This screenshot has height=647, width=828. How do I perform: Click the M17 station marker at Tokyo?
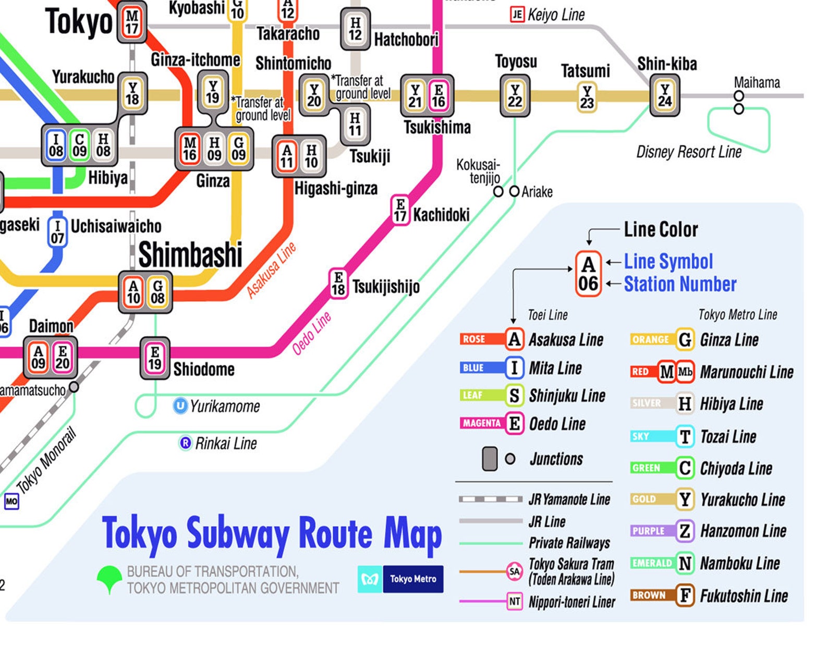point(132,22)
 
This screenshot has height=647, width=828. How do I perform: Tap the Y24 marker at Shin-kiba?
point(664,95)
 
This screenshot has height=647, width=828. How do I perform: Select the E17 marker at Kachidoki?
point(400,210)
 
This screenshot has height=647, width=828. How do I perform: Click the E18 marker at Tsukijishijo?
point(338,284)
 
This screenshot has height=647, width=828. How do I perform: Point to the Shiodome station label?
point(204,370)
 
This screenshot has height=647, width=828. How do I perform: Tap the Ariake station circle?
point(514,191)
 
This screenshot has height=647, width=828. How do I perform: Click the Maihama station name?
point(757,82)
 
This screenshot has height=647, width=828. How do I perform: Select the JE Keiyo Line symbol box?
point(517,14)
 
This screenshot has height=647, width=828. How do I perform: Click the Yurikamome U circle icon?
point(180,406)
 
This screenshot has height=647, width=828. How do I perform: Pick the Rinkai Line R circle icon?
point(185,443)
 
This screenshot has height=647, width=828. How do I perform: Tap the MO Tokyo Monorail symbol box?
point(11,502)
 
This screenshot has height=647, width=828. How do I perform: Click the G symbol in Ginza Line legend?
point(685,340)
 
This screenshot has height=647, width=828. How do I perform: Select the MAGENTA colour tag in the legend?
point(481,423)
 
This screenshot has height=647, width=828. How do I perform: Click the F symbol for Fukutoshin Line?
point(685,595)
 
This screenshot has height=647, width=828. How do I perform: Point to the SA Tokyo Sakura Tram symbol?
point(514,571)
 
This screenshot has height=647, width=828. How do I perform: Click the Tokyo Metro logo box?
point(400,579)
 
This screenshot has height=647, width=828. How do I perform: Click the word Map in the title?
point(412,534)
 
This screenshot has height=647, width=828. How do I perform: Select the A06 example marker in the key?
point(588,274)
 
